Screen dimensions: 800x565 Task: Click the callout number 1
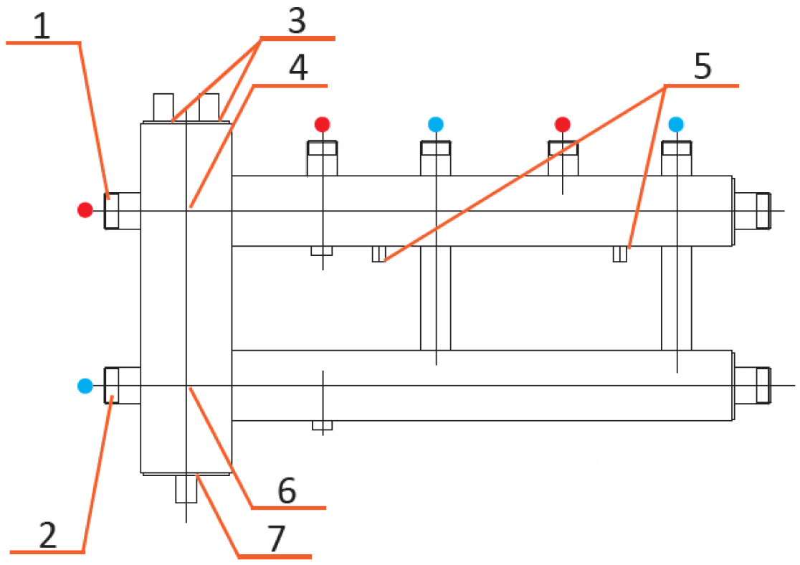(x=42, y=27)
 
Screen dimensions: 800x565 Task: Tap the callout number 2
(x=48, y=536)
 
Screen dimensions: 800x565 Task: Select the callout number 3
(x=297, y=21)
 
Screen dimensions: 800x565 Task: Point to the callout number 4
(x=298, y=68)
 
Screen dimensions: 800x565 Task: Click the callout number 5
(x=703, y=66)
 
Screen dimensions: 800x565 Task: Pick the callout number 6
(x=287, y=491)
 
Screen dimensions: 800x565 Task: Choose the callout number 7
(x=276, y=538)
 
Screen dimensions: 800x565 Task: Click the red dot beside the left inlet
(x=85, y=210)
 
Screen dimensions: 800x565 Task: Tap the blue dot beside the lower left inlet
(x=85, y=385)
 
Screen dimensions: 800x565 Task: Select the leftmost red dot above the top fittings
(x=322, y=124)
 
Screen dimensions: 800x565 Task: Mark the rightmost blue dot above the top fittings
(x=677, y=124)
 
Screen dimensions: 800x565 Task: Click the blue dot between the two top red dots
(x=436, y=124)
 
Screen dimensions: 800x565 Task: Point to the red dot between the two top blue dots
(x=563, y=124)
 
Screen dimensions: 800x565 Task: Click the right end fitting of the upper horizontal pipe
(x=752, y=211)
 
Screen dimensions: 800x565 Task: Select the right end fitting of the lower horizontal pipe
(x=752, y=385)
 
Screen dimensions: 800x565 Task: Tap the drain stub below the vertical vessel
(x=186, y=489)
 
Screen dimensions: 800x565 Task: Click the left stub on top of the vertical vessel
(x=163, y=108)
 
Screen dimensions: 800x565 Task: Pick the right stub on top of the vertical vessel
(x=209, y=108)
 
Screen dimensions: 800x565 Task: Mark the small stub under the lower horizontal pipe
(x=323, y=425)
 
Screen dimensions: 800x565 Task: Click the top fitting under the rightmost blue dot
(x=677, y=158)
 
